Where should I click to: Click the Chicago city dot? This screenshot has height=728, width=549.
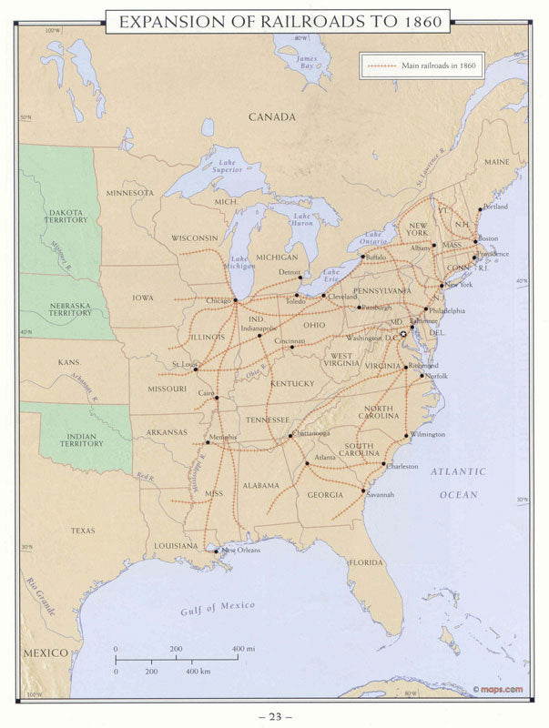(235, 299)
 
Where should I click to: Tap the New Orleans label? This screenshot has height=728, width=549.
(241, 550)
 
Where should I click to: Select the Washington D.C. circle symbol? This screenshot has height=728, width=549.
(403, 335)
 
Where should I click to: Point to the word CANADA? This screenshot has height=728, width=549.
(273, 117)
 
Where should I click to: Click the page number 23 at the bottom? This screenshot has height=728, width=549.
(273, 716)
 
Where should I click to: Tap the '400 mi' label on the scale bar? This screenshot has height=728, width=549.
(239, 649)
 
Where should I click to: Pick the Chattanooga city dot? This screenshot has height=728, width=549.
(290, 436)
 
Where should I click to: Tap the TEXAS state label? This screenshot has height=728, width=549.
(83, 530)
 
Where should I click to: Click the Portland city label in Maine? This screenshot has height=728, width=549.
(496, 207)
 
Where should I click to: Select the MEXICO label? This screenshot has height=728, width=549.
(46, 653)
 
